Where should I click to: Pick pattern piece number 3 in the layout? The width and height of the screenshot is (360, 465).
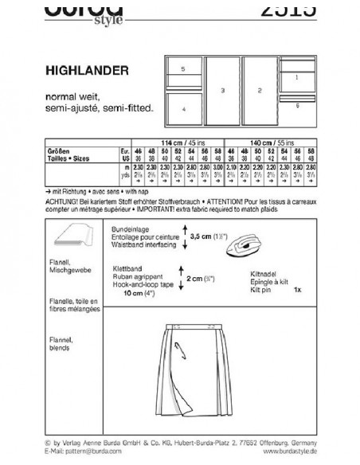223,92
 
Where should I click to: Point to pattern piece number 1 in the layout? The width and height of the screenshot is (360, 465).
296,77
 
